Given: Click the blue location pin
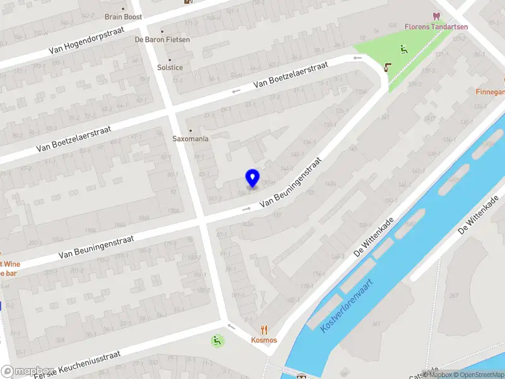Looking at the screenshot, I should (252, 178).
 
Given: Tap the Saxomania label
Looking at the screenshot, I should (191, 138).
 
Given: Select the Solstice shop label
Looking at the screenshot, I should (170, 68).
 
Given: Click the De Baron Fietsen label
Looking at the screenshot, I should (162, 39).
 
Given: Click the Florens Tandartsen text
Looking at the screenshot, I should (436, 27).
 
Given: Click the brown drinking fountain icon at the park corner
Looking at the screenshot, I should (387, 67).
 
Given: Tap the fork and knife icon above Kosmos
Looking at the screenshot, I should (264, 330).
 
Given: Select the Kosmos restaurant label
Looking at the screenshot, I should (264, 340).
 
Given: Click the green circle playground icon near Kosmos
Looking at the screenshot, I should (217, 341).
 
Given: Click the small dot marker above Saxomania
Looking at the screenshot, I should (191, 130).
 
